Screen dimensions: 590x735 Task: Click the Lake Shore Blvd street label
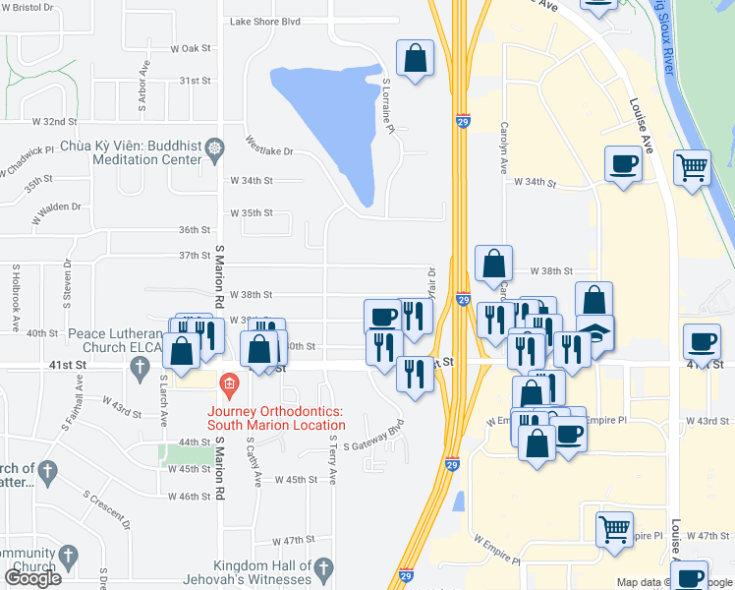tap(265, 21)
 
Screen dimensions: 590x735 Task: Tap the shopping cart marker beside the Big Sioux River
tap(692, 167)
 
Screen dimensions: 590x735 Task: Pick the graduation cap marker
tap(594, 332)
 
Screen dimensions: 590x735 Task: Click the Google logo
tap(33, 578)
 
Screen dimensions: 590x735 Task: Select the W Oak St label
tap(191, 48)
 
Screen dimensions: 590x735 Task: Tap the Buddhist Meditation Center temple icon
tap(215, 147)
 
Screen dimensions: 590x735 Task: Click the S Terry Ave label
tap(332, 460)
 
